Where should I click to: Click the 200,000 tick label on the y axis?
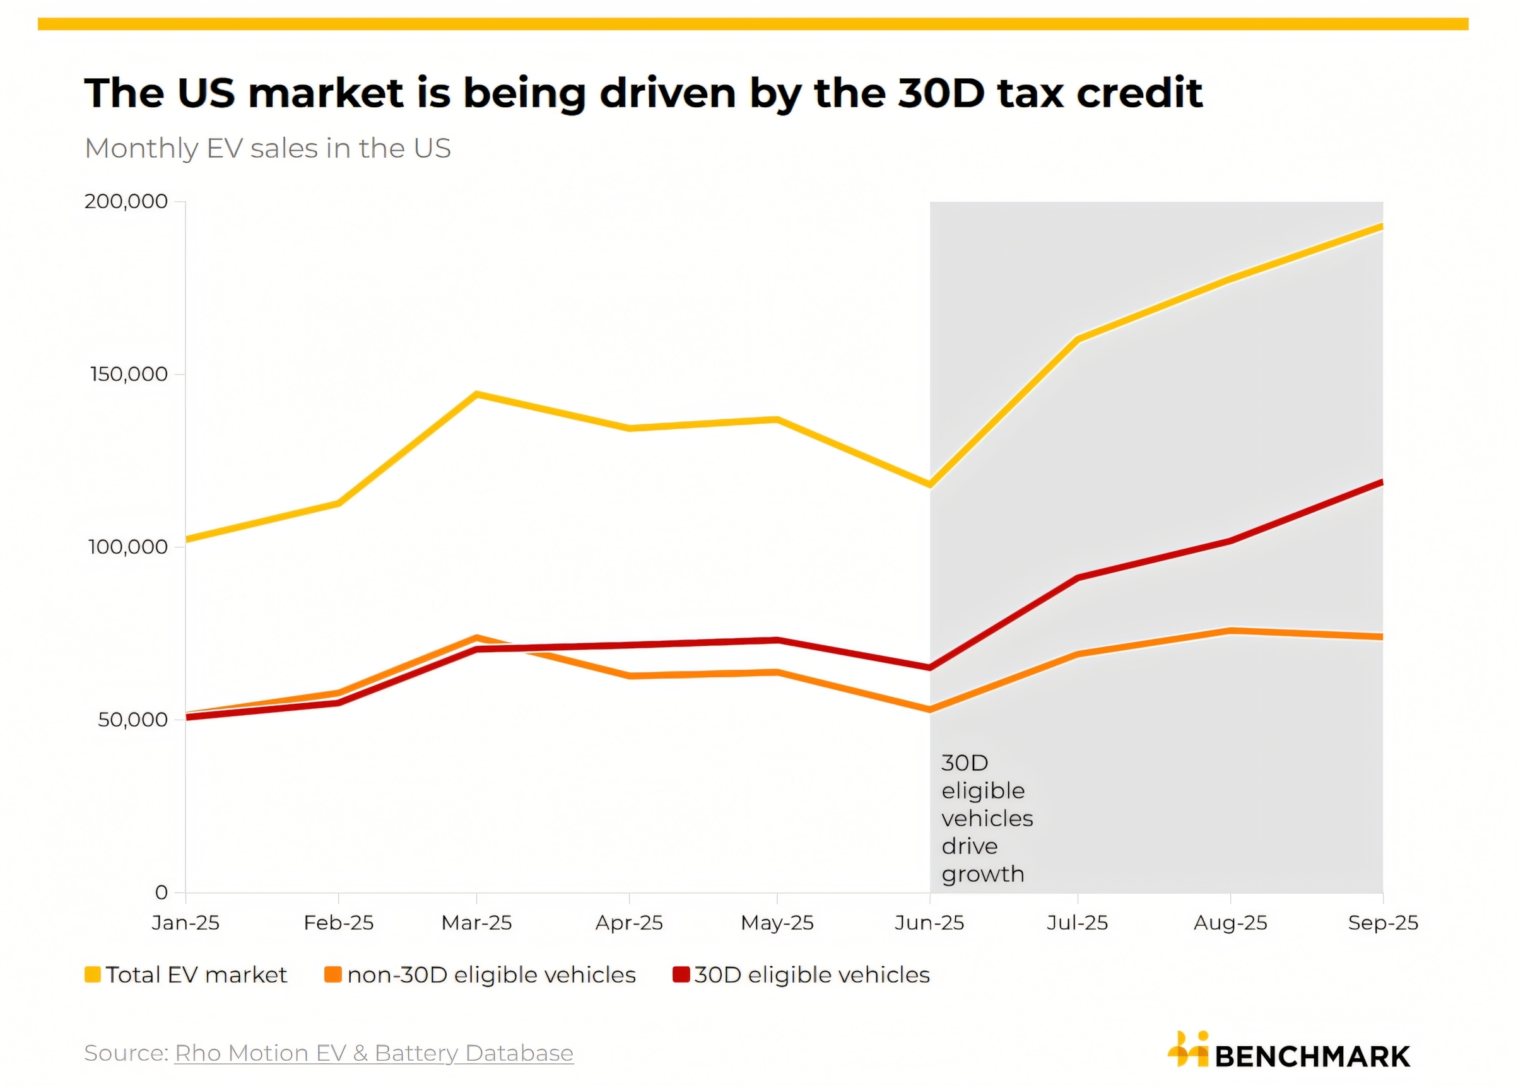126,201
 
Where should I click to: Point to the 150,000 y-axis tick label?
129,375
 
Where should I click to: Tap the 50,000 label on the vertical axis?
132,720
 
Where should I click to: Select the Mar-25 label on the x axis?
476,923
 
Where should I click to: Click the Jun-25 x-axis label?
929,923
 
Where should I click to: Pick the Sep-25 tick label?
1382,923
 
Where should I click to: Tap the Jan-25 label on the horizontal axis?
185,923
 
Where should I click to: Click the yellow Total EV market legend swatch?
92,975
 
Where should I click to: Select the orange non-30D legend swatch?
332,975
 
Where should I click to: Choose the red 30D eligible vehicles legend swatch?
680,975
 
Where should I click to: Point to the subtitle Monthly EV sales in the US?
268,148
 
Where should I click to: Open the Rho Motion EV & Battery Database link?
374,1053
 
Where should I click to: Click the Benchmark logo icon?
1188,1050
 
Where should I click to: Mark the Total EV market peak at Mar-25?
476,395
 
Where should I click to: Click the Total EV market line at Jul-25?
1078,339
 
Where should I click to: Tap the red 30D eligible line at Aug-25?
1231,540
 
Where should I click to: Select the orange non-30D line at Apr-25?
630,676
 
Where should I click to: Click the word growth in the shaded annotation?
982,875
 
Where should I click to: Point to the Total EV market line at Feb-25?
338,503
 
